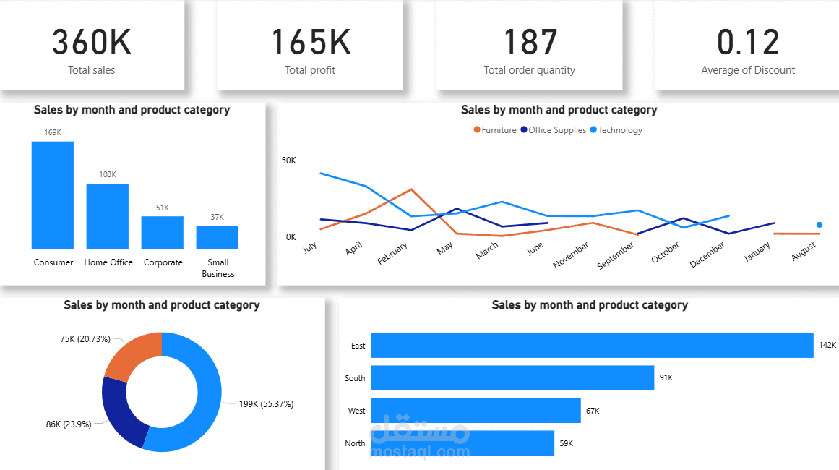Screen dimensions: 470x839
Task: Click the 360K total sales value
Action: pyautogui.click(x=92, y=43)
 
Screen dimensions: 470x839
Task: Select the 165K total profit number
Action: pyautogui.click(x=310, y=43)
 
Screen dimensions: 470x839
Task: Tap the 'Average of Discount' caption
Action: pyautogui.click(x=748, y=70)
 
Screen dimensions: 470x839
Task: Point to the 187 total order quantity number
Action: pyautogui.click(x=530, y=43)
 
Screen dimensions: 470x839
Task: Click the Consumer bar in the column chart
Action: pyautogui.click(x=53, y=195)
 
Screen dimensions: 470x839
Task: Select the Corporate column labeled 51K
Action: pyautogui.click(x=163, y=232)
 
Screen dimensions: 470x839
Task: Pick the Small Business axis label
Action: pyautogui.click(x=218, y=268)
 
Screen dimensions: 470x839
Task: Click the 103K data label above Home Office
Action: pyautogui.click(x=108, y=174)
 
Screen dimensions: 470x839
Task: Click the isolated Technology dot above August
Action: pyautogui.click(x=819, y=225)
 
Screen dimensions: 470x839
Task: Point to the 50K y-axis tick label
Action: pyautogui.click(x=288, y=160)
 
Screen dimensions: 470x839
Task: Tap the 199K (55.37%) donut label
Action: pyautogui.click(x=266, y=404)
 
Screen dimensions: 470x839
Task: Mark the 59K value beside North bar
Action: pyautogui.click(x=566, y=443)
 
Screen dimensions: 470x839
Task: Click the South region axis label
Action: pyautogui.click(x=355, y=378)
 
